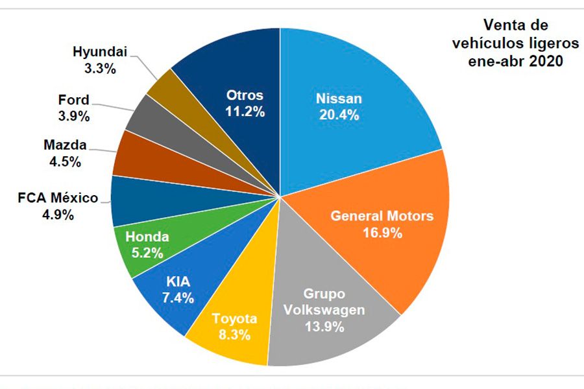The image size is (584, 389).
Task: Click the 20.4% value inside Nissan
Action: (x=339, y=115)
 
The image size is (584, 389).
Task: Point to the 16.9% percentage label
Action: (x=382, y=232)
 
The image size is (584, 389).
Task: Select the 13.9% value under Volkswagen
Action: (x=324, y=325)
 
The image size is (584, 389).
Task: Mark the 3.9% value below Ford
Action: (x=72, y=116)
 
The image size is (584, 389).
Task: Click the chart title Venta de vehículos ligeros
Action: (x=517, y=44)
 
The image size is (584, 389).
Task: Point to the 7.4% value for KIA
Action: (x=176, y=298)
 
